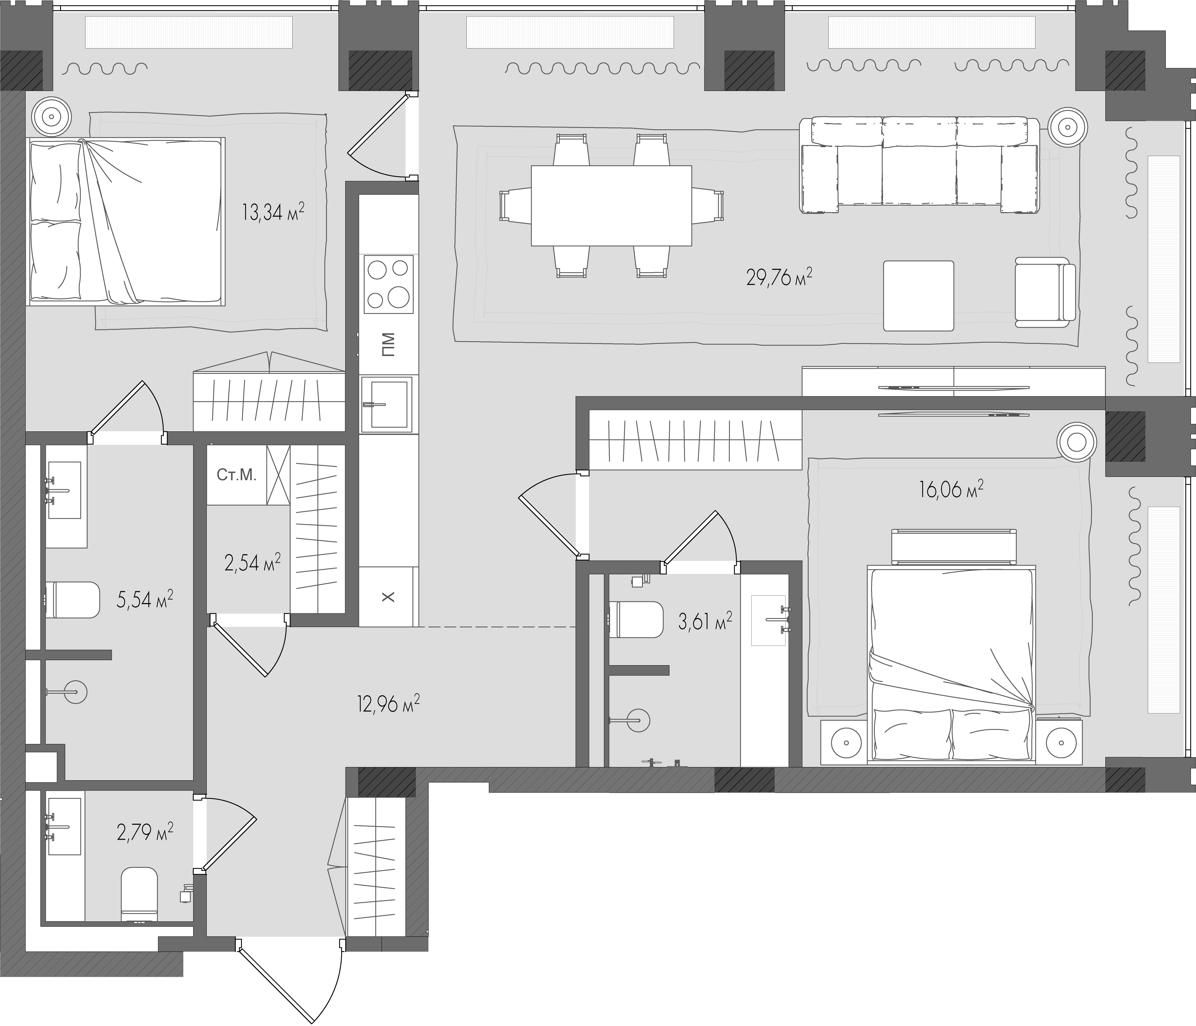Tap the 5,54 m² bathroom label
click(x=145, y=600)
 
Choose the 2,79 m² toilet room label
click(x=145, y=833)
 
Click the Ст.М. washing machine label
click(x=237, y=475)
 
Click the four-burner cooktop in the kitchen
click(x=388, y=283)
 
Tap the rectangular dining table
click(x=611, y=205)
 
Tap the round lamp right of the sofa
click(x=1068, y=143)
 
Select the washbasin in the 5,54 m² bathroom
click(x=63, y=490)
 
